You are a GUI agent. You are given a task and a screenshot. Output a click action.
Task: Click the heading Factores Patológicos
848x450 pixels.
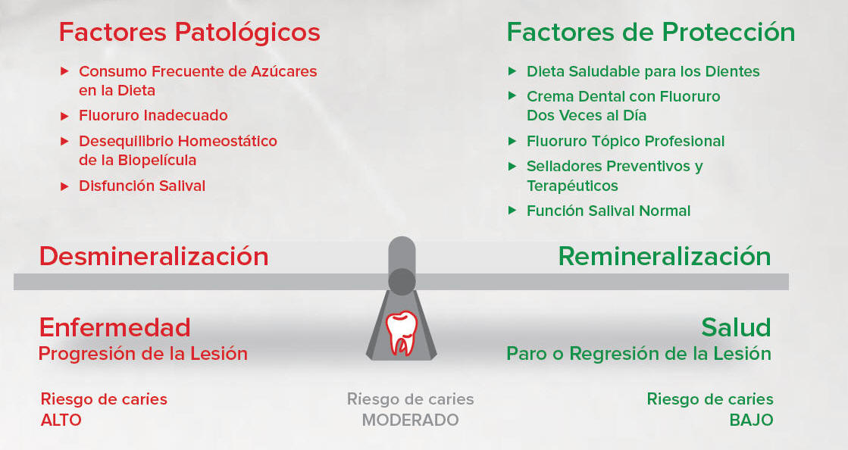(x=189, y=33)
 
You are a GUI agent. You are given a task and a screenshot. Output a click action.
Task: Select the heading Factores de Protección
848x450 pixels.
(x=651, y=33)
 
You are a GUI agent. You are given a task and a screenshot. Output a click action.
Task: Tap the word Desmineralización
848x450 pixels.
(x=154, y=256)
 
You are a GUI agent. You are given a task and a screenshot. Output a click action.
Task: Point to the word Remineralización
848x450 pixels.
(x=664, y=256)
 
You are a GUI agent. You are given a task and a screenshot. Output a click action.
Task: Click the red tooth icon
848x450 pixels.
(x=402, y=332)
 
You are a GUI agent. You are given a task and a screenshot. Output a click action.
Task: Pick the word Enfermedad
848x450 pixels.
(x=114, y=327)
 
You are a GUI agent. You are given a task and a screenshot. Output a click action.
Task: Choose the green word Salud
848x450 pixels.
(x=736, y=327)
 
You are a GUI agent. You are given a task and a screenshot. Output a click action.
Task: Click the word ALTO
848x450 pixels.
(x=61, y=420)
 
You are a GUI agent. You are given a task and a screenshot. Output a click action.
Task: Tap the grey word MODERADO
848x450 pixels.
(x=411, y=420)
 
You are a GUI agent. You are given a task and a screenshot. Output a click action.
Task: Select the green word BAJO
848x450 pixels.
(x=751, y=420)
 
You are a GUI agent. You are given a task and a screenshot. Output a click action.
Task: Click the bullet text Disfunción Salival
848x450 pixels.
(x=142, y=186)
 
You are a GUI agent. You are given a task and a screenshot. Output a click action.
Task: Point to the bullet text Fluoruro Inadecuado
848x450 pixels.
(x=153, y=115)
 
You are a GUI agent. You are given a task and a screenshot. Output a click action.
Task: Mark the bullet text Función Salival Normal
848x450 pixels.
(x=609, y=211)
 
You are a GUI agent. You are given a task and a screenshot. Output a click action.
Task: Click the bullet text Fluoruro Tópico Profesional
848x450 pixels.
(x=625, y=141)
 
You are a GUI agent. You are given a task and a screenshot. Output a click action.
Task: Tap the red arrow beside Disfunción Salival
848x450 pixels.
(x=65, y=186)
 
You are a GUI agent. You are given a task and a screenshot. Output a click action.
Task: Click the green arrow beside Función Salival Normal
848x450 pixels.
(x=513, y=211)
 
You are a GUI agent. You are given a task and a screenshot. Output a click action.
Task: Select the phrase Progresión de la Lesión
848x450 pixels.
(x=142, y=354)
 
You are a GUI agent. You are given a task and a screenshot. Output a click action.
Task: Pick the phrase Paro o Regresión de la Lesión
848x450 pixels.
(x=639, y=354)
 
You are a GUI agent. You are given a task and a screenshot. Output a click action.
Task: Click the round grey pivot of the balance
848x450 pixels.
(x=402, y=282)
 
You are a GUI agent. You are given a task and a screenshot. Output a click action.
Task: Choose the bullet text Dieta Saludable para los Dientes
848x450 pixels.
(x=643, y=71)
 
